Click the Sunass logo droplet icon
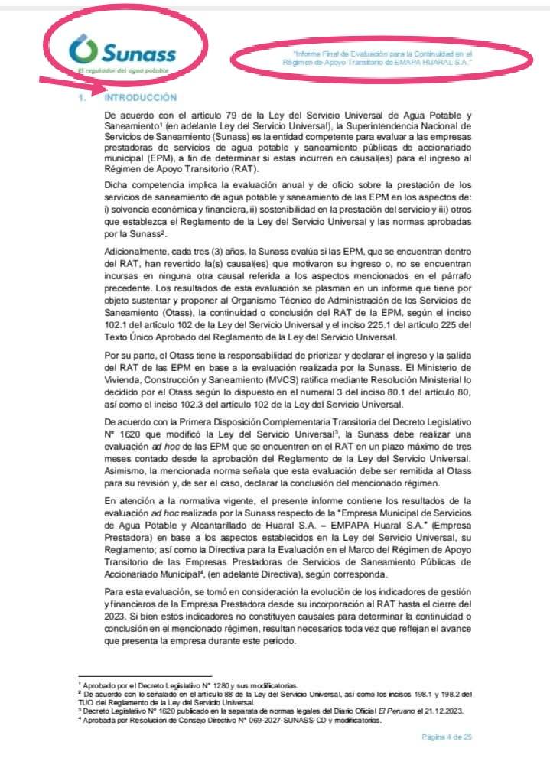[x=80, y=51]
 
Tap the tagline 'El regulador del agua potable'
[x=118, y=70]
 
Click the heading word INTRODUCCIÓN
[x=140, y=98]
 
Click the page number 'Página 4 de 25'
[x=447, y=737]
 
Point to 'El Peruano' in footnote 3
[x=366, y=710]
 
